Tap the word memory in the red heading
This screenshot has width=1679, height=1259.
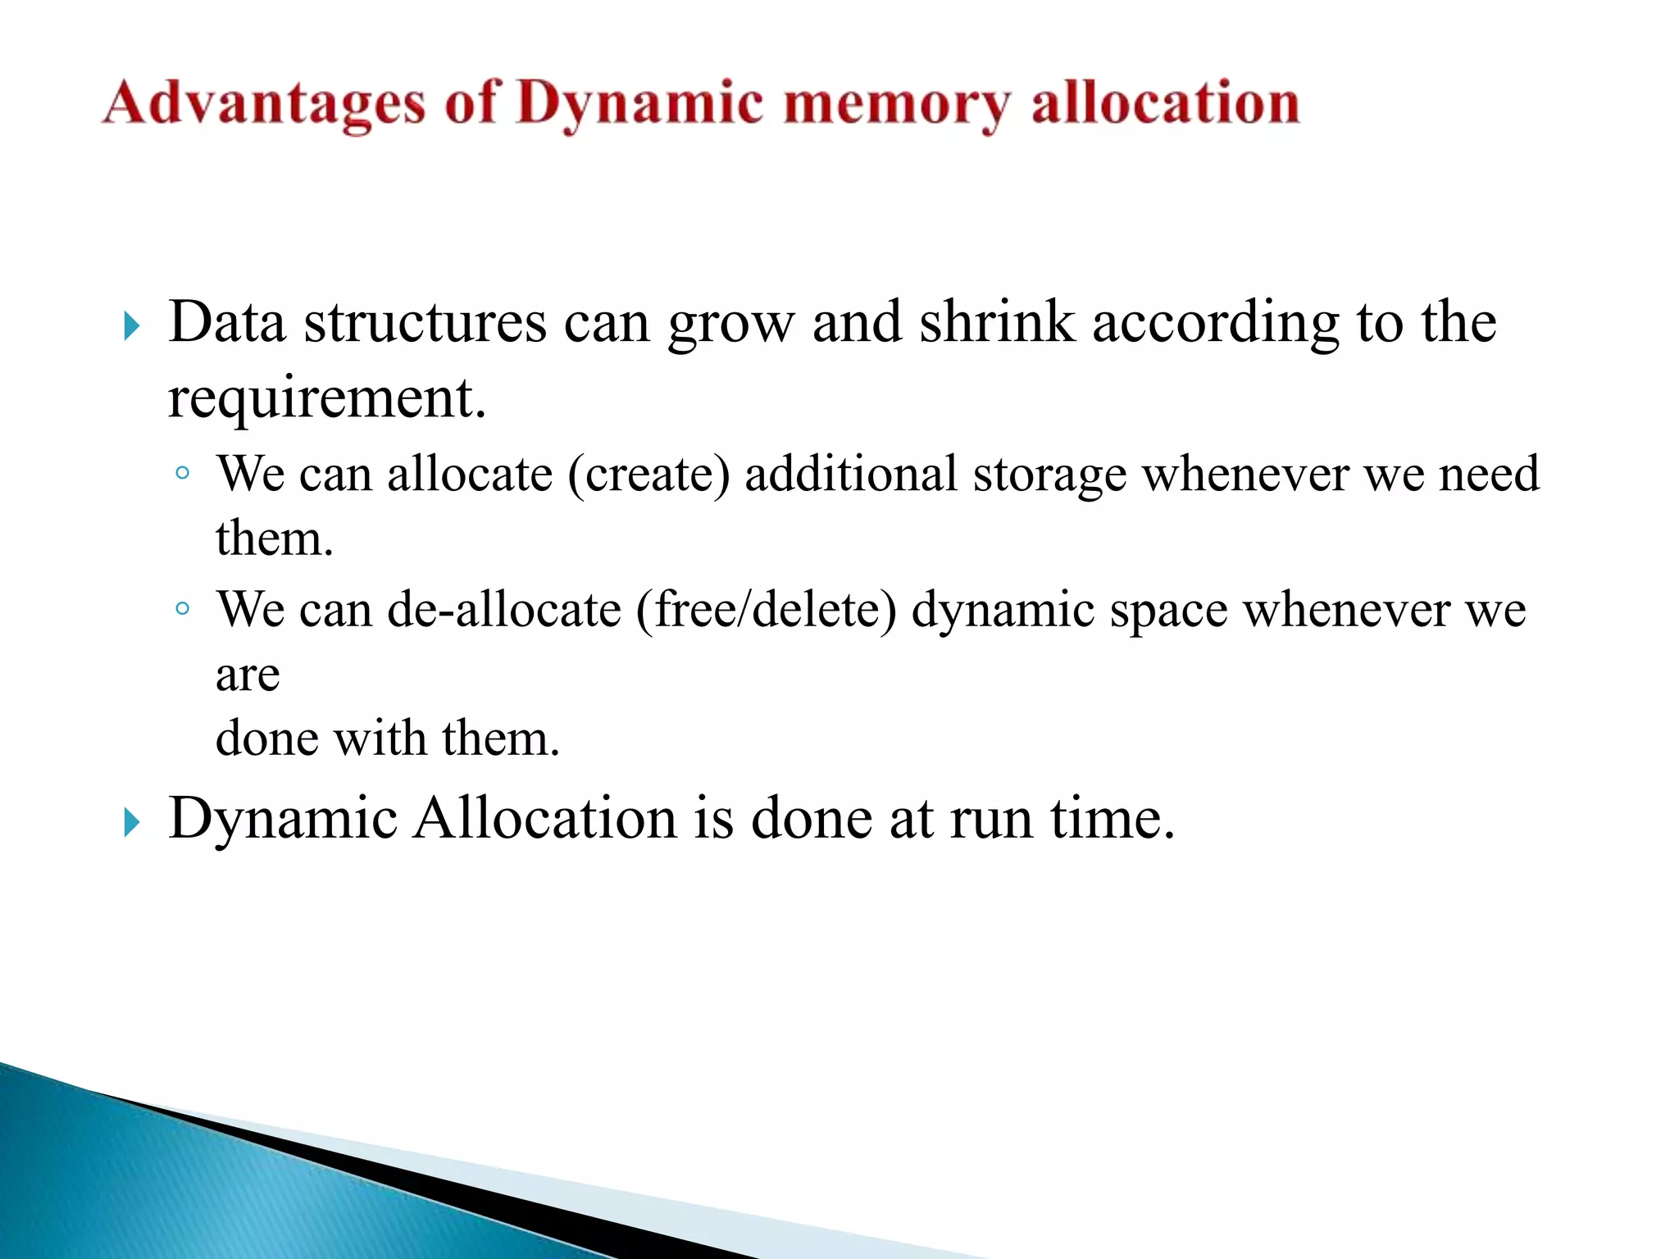(896, 105)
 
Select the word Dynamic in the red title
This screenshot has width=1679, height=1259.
(639, 105)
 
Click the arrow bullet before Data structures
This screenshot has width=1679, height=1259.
(132, 326)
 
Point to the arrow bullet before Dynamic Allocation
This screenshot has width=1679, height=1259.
(132, 821)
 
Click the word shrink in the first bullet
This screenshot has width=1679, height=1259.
(996, 322)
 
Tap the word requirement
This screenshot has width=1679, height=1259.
(326, 398)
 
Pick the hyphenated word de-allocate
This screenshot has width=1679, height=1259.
(504, 610)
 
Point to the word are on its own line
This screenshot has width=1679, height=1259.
(248, 676)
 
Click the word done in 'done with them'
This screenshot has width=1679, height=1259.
(267, 738)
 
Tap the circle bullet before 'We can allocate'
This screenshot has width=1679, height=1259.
(183, 473)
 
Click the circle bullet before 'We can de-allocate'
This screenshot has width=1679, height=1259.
(183, 608)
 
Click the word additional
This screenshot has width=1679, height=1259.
(850, 474)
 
